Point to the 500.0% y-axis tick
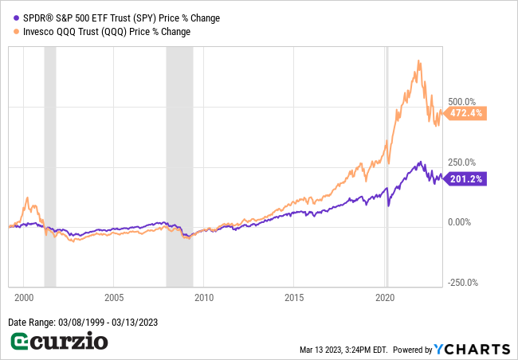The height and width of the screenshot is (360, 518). (x=462, y=102)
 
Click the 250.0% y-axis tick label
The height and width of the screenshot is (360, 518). (x=462, y=162)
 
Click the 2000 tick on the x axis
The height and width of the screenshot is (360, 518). (x=23, y=296)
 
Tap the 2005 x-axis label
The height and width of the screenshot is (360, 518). (x=113, y=296)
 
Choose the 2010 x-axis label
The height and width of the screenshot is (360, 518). (x=204, y=296)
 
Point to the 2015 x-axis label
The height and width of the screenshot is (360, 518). (x=295, y=296)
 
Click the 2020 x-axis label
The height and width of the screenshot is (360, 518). (x=386, y=296)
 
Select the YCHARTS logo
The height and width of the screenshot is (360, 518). (x=472, y=349)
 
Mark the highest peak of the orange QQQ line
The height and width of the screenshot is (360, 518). (x=418, y=61)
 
